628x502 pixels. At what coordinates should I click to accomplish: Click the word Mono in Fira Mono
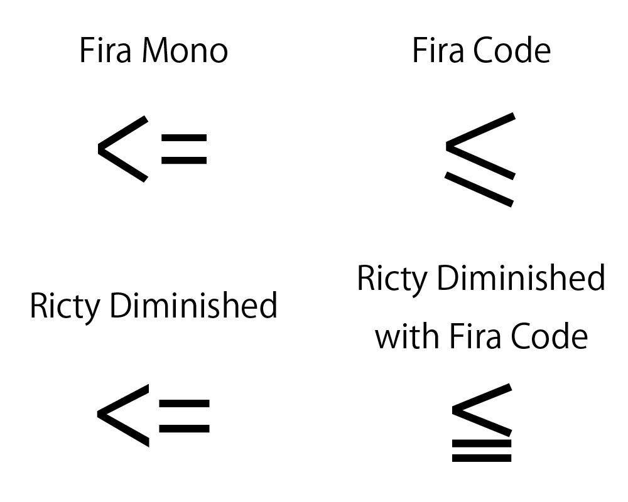tap(185, 51)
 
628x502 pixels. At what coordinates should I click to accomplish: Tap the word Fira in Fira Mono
tap(104, 51)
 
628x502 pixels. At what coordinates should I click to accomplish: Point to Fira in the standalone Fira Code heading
tap(438, 51)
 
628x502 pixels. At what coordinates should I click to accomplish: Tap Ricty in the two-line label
tap(392, 279)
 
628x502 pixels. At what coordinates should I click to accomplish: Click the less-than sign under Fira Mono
tap(122, 149)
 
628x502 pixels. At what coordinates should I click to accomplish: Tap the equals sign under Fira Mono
tap(183, 149)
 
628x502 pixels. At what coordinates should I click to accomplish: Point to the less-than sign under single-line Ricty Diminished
tap(122, 415)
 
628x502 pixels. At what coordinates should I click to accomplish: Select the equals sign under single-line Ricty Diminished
tap(184, 415)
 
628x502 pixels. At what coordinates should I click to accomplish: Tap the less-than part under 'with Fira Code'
tap(480, 409)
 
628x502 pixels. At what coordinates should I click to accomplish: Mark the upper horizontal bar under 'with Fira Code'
tap(482, 443)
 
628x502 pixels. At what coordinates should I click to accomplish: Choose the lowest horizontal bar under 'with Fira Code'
tap(482, 458)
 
